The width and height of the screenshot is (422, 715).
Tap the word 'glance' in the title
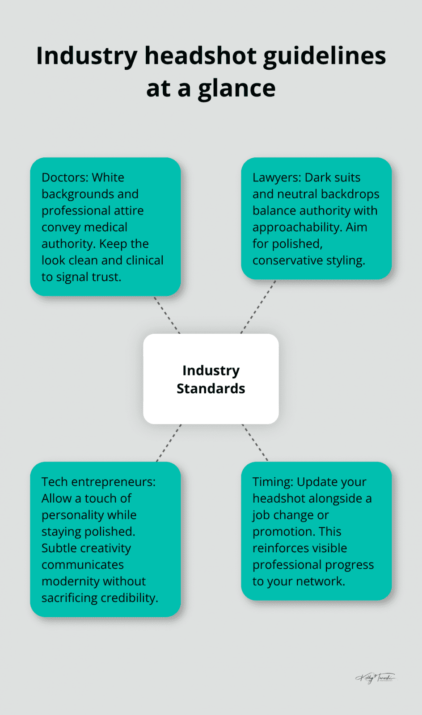click(x=236, y=88)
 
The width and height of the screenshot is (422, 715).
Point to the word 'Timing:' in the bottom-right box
click(x=273, y=482)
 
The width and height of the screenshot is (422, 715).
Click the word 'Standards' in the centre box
click(x=211, y=388)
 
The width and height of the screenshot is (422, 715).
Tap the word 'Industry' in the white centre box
click(x=211, y=370)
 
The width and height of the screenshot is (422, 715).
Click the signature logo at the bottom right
click(x=375, y=678)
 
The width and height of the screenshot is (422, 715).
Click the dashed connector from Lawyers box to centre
click(x=258, y=307)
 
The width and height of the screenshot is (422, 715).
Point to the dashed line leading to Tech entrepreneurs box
click(x=169, y=443)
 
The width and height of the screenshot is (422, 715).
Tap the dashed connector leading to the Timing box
click(x=255, y=442)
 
